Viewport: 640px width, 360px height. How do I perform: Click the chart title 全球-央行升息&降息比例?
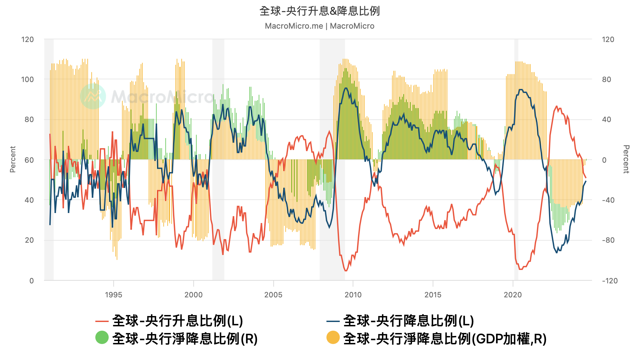point(319,11)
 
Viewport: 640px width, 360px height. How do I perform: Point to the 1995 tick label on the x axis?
point(113,295)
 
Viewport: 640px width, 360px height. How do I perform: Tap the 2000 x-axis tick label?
point(193,295)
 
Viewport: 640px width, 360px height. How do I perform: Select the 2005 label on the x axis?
point(273,295)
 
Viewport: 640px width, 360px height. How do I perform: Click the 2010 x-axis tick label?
point(353,295)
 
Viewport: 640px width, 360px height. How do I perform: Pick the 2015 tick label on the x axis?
point(433,295)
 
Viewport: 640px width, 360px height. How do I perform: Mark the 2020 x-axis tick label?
point(513,295)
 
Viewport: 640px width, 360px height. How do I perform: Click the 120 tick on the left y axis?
point(28,40)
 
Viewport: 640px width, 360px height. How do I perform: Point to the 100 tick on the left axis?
point(28,80)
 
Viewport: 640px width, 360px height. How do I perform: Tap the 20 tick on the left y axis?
point(29,240)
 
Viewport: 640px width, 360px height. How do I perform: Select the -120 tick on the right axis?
point(610,281)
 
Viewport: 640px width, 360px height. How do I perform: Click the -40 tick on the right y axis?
point(608,200)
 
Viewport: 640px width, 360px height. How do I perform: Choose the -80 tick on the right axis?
point(608,240)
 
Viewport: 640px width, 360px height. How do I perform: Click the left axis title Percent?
point(13,159)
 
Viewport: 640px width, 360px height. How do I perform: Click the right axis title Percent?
point(626,159)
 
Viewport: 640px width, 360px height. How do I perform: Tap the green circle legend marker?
point(102,337)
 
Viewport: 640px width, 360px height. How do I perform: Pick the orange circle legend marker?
point(333,337)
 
